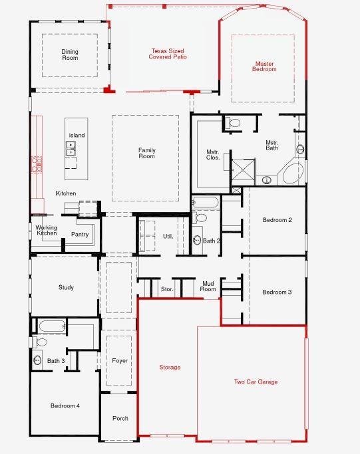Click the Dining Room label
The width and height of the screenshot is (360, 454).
pyautogui.click(x=70, y=55)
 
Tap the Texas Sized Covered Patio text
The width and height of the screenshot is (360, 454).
pyautogui.click(x=168, y=54)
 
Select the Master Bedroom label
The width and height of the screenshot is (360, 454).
pyautogui.click(x=264, y=66)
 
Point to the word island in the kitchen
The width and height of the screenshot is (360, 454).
pyautogui.click(x=77, y=135)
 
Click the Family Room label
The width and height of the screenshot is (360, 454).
pyautogui.click(x=146, y=153)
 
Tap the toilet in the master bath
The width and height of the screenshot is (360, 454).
pyautogui.click(x=233, y=123)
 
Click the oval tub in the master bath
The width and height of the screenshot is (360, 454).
pyautogui.click(x=293, y=173)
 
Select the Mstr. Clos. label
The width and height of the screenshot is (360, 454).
pyautogui.click(x=213, y=155)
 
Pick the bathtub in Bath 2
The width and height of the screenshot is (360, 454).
pyautogui.click(x=205, y=202)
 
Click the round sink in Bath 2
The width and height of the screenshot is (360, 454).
pyautogui.click(x=197, y=240)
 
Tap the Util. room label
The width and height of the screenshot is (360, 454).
pyautogui.click(x=168, y=236)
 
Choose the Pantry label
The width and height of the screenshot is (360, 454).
pyautogui.click(x=80, y=234)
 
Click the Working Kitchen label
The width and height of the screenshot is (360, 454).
pyautogui.click(x=47, y=230)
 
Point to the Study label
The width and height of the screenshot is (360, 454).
pyautogui.click(x=66, y=287)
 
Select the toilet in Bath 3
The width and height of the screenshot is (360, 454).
pyautogui.click(x=40, y=342)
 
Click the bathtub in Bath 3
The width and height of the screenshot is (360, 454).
pyautogui.click(x=52, y=326)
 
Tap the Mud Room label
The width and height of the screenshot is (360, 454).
pyautogui.click(x=208, y=286)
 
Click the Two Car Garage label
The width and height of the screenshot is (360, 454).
pyautogui.click(x=256, y=382)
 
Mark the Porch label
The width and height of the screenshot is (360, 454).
pyautogui.click(x=120, y=418)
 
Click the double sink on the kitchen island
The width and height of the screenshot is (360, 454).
pyautogui.click(x=71, y=148)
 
